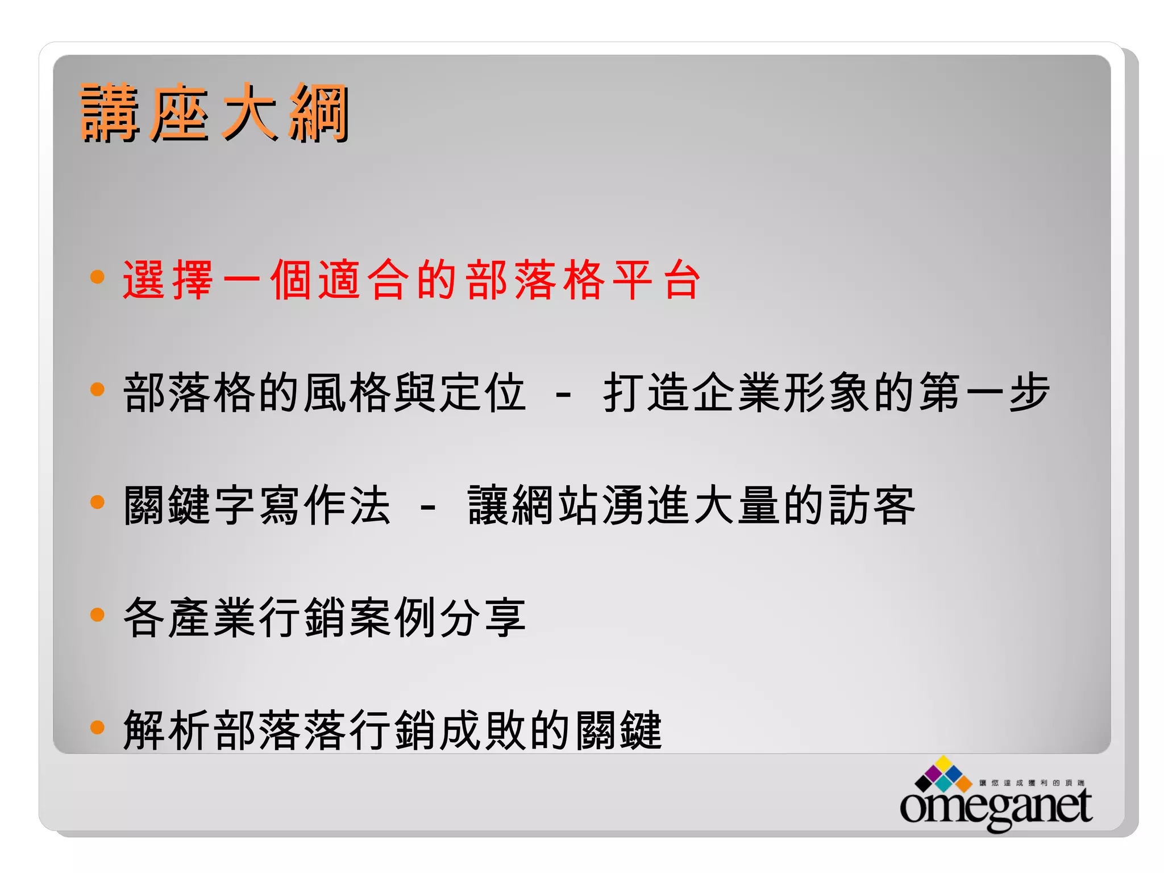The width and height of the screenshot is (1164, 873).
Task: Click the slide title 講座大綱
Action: [214, 113]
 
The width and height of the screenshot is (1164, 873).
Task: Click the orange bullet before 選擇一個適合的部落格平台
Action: [98, 277]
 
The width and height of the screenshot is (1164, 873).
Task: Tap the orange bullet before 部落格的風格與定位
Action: [98, 389]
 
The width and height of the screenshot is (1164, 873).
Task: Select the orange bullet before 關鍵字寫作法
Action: [98, 502]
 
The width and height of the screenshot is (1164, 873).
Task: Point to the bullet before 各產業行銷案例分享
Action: [98, 614]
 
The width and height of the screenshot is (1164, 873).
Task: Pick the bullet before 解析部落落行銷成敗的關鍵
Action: [98, 727]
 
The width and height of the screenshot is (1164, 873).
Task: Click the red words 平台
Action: [657, 280]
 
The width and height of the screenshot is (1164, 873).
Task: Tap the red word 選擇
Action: [168, 280]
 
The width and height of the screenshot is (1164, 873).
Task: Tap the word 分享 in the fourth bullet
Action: [482, 617]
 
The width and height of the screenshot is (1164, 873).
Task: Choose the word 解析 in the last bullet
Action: [167, 730]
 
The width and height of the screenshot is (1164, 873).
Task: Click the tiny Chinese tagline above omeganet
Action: [1032, 783]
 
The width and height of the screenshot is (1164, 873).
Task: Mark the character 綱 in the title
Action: [318, 113]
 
